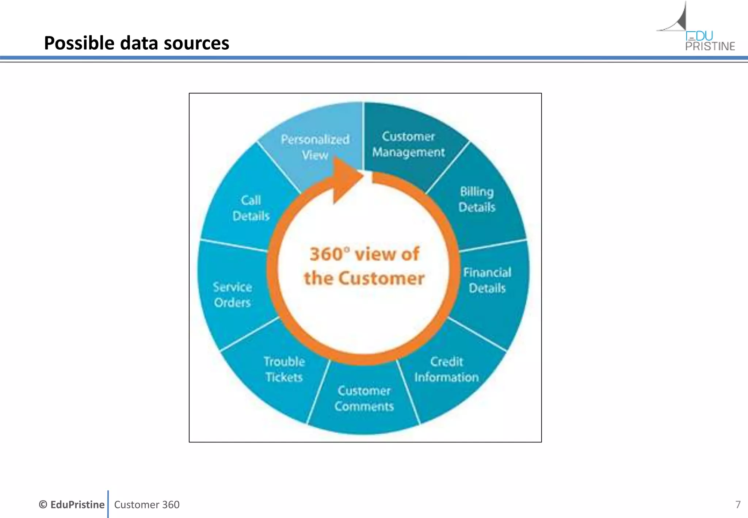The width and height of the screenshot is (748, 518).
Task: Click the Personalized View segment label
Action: (315, 147)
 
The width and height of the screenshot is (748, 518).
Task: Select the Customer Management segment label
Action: (408, 144)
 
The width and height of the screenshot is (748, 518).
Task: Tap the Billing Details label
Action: (477, 199)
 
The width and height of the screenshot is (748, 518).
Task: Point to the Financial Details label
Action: (487, 280)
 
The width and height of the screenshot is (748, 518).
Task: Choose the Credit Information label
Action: (446, 369)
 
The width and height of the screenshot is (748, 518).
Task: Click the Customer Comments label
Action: (364, 399)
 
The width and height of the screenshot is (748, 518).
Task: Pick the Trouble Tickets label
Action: (284, 369)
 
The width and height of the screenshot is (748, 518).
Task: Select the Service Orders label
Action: (232, 295)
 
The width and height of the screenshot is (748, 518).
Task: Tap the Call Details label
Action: (251, 208)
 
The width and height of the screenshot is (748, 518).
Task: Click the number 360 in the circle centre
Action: (326, 254)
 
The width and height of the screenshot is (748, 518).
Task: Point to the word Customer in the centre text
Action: (381, 278)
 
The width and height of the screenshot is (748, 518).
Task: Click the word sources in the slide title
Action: (196, 43)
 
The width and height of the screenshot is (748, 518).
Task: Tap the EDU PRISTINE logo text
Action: (710, 41)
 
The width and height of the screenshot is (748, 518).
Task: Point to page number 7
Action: (738, 504)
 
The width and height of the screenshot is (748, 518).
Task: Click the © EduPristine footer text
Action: (72, 504)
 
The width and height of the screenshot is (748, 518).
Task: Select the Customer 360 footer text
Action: (147, 504)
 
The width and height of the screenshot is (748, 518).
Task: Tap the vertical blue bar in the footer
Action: (108, 504)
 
